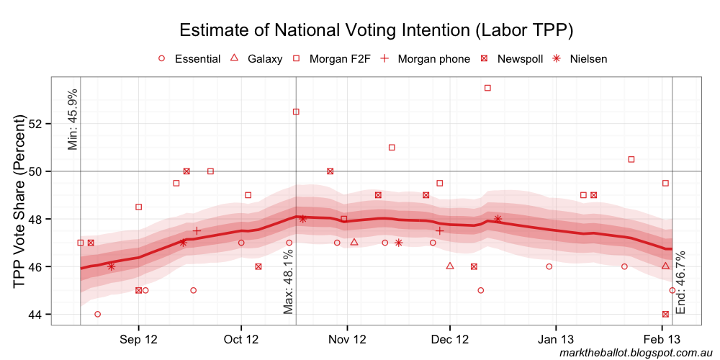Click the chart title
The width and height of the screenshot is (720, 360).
tap(376, 30)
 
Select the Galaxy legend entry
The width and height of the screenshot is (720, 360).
tap(256, 59)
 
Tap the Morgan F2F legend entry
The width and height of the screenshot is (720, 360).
tap(332, 59)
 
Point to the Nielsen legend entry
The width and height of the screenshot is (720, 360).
tap(580, 59)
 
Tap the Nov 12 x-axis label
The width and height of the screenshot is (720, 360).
tap(347, 338)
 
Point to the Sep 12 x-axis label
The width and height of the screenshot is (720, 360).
tap(138, 338)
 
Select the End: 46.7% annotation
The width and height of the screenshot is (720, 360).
tap(681, 283)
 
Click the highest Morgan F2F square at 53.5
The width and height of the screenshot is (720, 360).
tap(487, 88)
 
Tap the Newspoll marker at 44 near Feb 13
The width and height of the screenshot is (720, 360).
tap(665, 315)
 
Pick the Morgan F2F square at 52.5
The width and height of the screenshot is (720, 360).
tap(296, 112)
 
